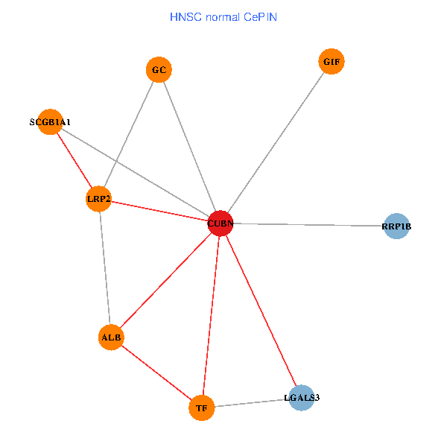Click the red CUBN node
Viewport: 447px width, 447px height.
click(220, 223)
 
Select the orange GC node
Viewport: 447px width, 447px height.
click(159, 70)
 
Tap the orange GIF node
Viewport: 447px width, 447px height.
click(332, 62)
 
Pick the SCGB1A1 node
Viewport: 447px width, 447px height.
click(50, 121)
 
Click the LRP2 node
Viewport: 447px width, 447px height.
click(98, 199)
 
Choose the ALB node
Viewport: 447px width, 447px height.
click(111, 337)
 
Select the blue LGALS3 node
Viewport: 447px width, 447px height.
click(302, 398)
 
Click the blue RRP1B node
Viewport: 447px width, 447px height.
click(396, 226)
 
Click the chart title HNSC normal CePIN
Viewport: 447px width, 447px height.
click(223, 16)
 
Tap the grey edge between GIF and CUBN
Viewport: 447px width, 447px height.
click(276, 142)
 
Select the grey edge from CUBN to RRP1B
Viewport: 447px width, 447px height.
click(308, 224)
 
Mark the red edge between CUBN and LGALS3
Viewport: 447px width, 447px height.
click(261, 310)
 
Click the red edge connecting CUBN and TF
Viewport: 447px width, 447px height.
click(210, 315)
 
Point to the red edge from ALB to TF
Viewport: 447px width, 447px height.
click(156, 372)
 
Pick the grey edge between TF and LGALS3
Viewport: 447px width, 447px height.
click(251, 403)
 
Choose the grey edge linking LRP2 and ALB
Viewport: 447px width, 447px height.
click(104, 268)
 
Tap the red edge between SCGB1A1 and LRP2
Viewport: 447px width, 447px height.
click(74, 160)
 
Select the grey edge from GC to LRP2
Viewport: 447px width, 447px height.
click(128, 135)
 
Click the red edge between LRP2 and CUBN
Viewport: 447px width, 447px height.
click(159, 211)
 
